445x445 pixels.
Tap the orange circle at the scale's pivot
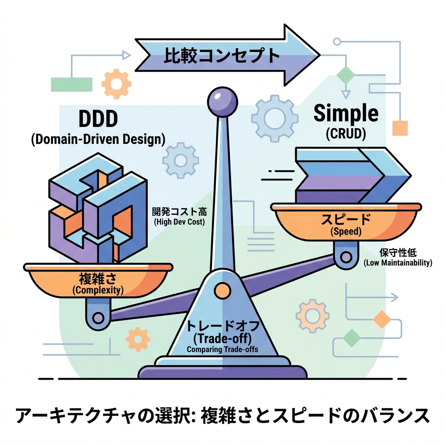(x=222, y=289)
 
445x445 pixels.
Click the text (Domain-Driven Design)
(x=98, y=139)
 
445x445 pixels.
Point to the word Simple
(x=346, y=114)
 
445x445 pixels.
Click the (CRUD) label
(x=346, y=134)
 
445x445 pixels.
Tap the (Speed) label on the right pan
(x=345, y=232)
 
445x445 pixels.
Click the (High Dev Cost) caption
(x=179, y=222)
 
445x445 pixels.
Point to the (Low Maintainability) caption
(x=398, y=262)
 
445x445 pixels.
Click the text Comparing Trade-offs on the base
(x=222, y=349)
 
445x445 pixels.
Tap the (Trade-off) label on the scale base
(x=222, y=338)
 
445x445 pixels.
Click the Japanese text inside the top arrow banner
(x=221, y=56)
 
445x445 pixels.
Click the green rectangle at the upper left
(x=72, y=84)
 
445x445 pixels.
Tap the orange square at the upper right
(x=400, y=128)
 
